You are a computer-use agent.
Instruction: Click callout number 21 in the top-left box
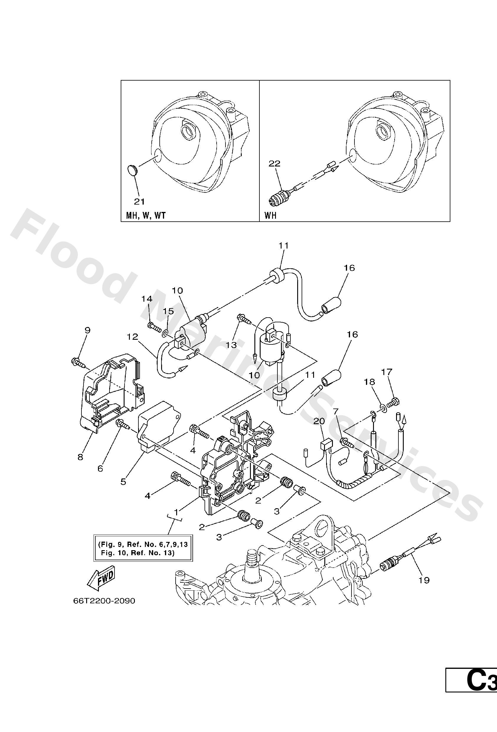[x=139, y=202]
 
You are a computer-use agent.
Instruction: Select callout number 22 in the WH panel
[x=274, y=164]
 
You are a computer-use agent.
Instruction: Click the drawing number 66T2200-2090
[x=104, y=601]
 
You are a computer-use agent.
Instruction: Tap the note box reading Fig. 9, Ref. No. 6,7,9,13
[x=143, y=548]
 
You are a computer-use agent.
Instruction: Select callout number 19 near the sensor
[x=424, y=580]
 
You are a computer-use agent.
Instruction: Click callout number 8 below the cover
[x=81, y=457]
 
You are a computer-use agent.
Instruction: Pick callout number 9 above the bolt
[x=87, y=330]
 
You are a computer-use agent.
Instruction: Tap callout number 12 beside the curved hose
[x=133, y=337]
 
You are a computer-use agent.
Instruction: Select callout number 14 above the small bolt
[x=146, y=299]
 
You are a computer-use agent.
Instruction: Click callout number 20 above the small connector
[x=318, y=421]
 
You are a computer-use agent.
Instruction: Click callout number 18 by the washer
[x=370, y=382]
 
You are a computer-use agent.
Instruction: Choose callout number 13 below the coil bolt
[x=231, y=345]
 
